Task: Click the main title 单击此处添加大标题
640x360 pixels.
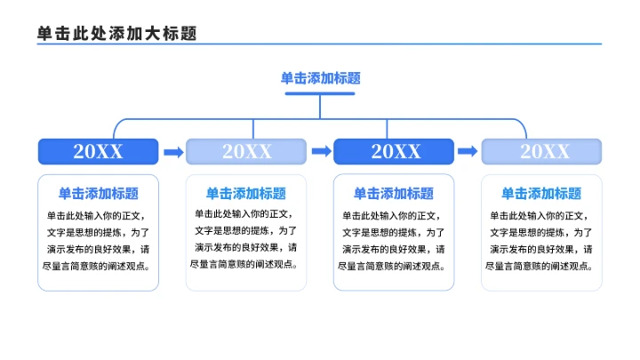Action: [116, 33]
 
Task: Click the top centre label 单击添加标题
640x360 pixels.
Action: [320, 78]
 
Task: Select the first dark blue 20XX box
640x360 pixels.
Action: [98, 152]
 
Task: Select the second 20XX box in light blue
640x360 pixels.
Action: [246, 152]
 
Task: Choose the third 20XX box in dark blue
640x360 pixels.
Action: [394, 152]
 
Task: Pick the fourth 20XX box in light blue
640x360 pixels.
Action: [542, 152]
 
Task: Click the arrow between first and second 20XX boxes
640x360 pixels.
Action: [172, 152]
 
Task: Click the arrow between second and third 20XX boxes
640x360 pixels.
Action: [320, 152]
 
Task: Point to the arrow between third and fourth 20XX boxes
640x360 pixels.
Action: [468, 152]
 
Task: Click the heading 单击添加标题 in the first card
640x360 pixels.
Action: [98, 193]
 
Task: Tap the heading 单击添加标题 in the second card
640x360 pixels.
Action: [246, 193]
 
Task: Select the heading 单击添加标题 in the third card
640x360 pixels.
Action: [394, 193]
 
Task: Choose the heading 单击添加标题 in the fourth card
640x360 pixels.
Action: [542, 193]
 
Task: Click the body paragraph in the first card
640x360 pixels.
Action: [98, 240]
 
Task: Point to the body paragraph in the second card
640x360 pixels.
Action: [246, 240]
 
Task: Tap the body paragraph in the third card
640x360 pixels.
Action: [394, 240]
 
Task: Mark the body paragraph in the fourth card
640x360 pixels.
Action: [542, 240]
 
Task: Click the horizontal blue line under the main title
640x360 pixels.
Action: [320, 44]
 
